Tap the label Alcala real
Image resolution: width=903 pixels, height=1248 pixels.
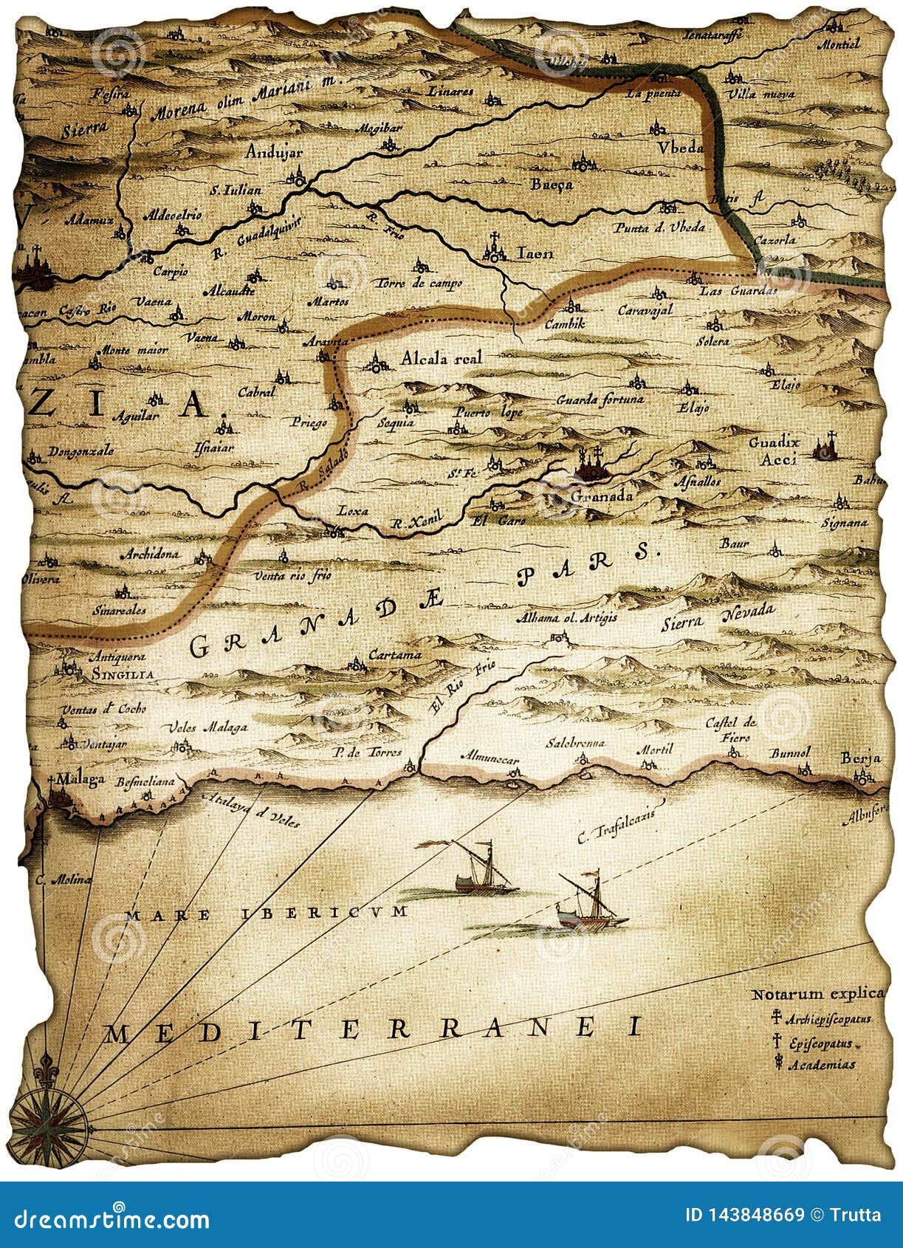point(441,358)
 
